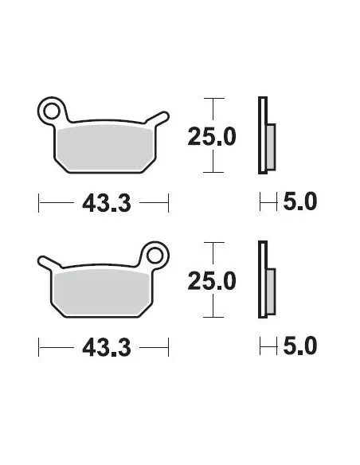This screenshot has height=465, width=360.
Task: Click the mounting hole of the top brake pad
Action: [52, 111]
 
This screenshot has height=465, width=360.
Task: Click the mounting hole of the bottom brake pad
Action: [155, 256]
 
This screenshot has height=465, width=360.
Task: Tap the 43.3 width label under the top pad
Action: [107, 203]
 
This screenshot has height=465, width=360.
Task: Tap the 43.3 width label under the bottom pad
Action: [107, 348]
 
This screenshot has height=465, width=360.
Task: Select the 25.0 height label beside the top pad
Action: [212, 136]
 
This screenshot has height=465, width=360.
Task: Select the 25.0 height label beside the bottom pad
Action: [212, 281]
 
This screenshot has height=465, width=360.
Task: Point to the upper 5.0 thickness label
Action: [299, 201]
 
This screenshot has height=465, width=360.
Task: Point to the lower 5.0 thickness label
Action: [299, 346]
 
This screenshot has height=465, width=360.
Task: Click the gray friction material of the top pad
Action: [104, 148]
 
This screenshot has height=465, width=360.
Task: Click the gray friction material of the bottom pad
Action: [101, 293]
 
